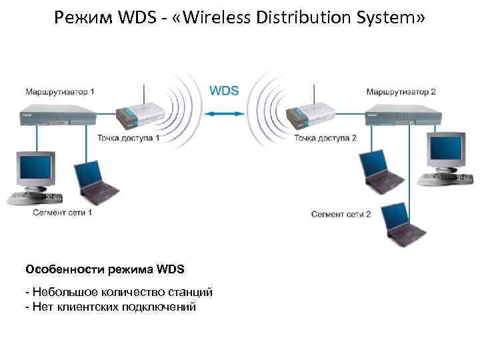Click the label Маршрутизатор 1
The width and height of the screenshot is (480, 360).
(x=60, y=91)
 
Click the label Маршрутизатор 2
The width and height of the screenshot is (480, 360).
(x=401, y=91)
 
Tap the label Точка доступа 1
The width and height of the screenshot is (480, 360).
(x=129, y=138)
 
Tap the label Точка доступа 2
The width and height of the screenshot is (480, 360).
(x=325, y=138)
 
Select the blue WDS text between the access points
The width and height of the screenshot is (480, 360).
(x=224, y=91)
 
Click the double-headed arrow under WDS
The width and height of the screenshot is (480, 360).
(x=225, y=113)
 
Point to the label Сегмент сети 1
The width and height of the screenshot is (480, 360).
(x=62, y=212)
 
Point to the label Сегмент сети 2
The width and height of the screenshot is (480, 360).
(x=341, y=214)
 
